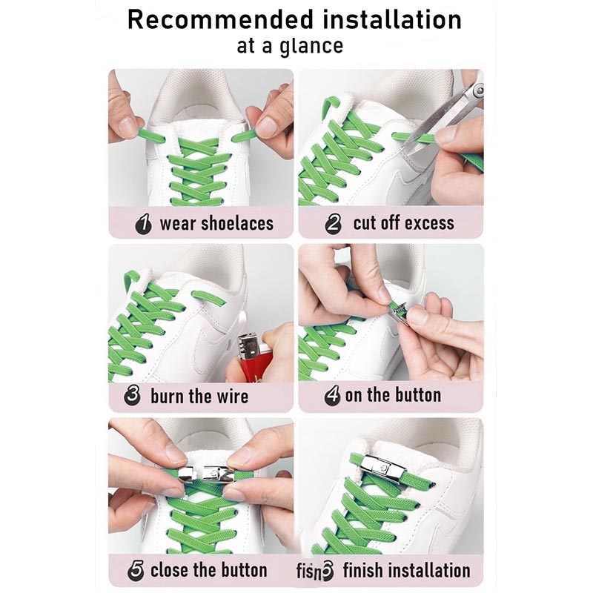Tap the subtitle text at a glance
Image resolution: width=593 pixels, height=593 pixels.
tap(290, 46)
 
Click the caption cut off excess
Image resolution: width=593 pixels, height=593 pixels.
tap(403, 223)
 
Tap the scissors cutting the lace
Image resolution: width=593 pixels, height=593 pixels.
tap(452, 111)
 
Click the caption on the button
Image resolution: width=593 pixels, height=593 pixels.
tap(393, 396)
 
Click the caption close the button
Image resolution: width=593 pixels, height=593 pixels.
tap(208, 570)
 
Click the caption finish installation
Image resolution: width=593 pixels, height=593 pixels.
tap(405, 570)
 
